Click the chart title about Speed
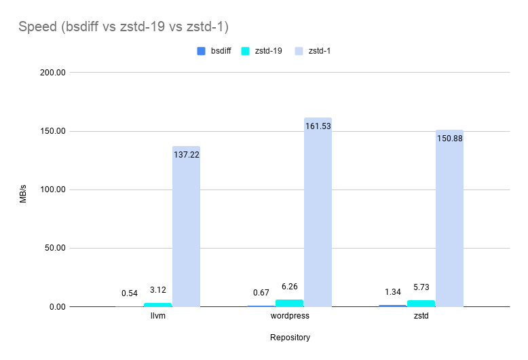click(124, 27)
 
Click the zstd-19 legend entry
click(265, 51)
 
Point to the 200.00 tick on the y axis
click(50, 73)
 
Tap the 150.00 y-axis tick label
click(50, 131)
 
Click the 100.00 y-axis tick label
click(50, 190)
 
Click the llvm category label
click(158, 317)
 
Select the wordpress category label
click(290, 317)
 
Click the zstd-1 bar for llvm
click(186, 231)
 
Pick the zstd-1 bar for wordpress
click(318, 217)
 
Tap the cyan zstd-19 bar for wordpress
click(290, 303)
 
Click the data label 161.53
click(318, 126)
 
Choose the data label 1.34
click(393, 292)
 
